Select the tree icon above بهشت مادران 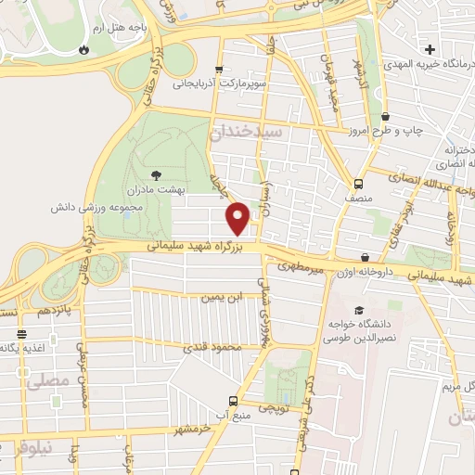[156, 173]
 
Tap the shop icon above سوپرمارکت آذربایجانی [219, 69]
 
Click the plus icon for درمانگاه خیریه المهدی [429, 48]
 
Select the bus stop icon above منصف [358, 183]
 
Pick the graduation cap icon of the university [358, 311]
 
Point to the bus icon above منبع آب [232, 402]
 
